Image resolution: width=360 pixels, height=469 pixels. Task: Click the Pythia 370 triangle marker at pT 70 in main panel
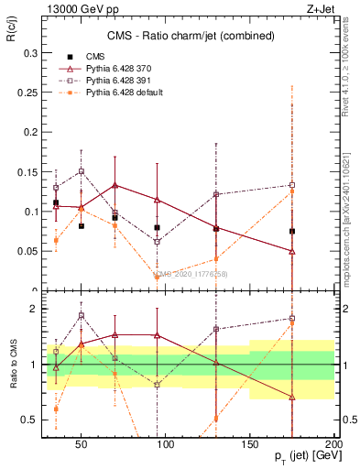tap(115, 185)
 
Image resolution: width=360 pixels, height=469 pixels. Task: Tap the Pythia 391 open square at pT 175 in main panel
tap(291, 185)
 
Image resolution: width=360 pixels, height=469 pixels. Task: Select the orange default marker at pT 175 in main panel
tap(291, 191)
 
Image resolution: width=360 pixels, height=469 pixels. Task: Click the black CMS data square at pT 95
tap(158, 227)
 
